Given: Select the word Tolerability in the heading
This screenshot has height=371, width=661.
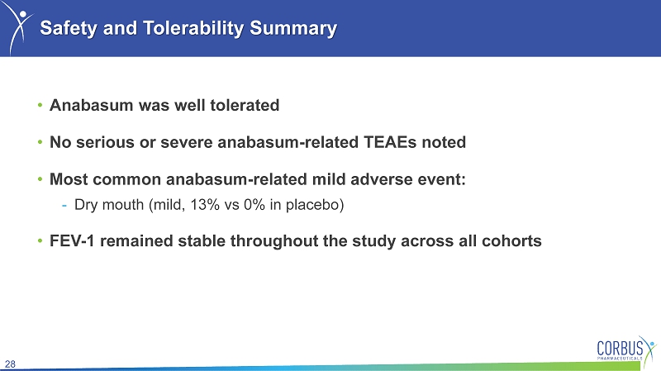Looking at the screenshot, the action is point(193,29).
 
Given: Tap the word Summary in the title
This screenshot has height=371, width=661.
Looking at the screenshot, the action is point(293,29).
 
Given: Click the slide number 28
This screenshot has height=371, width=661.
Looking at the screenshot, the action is point(10,364).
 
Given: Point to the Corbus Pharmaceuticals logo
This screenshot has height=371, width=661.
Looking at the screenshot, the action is point(626,348).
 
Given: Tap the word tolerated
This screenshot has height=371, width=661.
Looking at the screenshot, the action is point(245,105).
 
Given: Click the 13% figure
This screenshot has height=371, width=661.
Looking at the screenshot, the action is point(205,205).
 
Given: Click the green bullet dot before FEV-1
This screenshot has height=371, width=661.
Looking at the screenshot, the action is point(40,240).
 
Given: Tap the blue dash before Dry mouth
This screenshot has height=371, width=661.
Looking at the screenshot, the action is point(64,206).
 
